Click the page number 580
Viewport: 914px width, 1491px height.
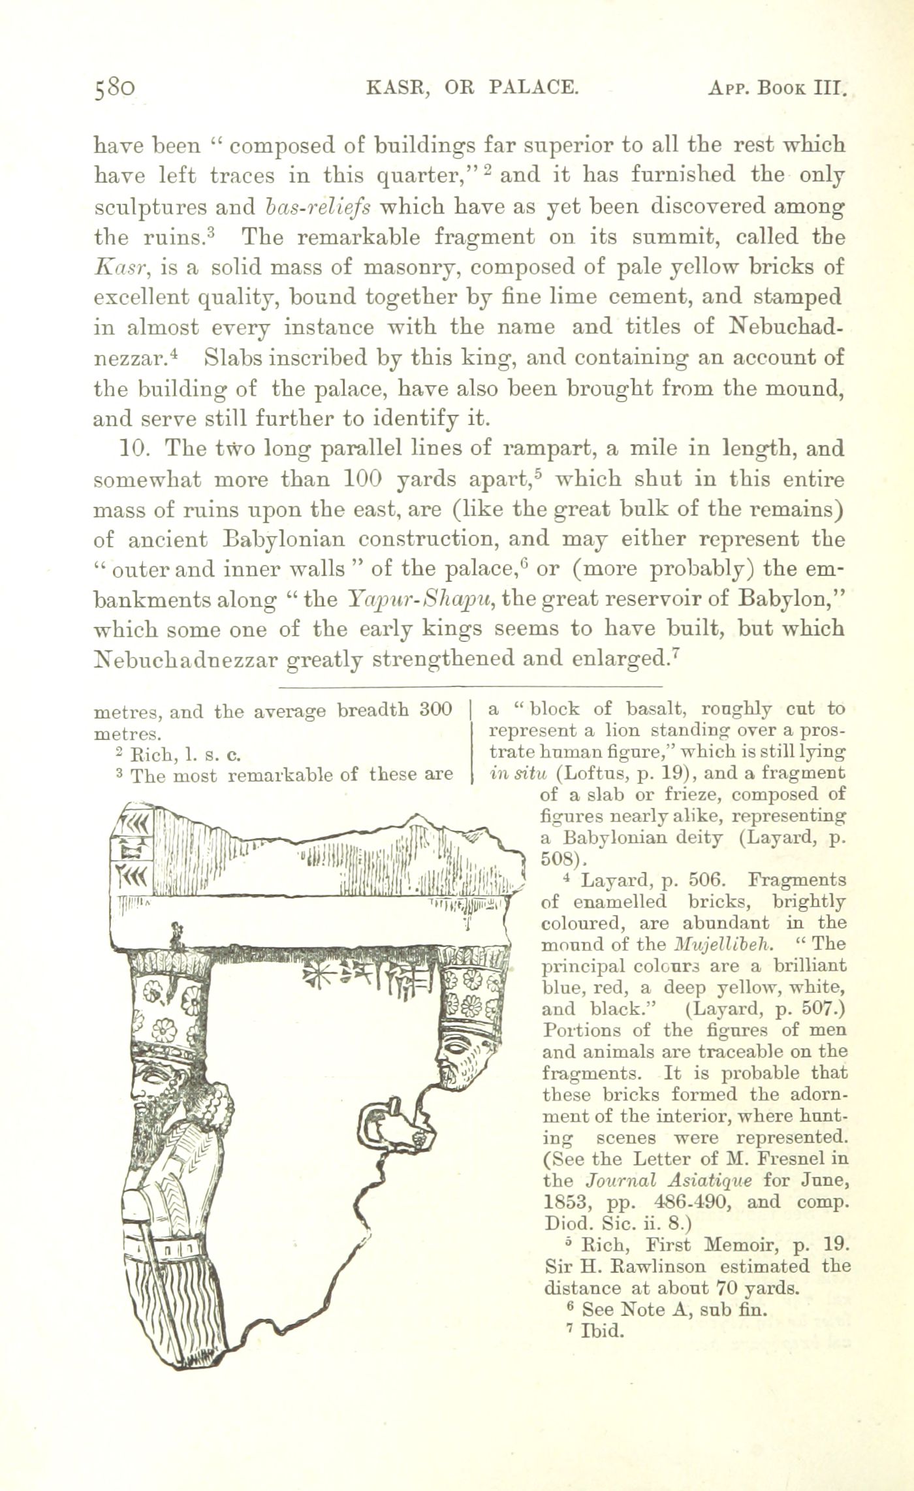pos(115,88)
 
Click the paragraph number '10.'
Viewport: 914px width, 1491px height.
pos(136,449)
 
